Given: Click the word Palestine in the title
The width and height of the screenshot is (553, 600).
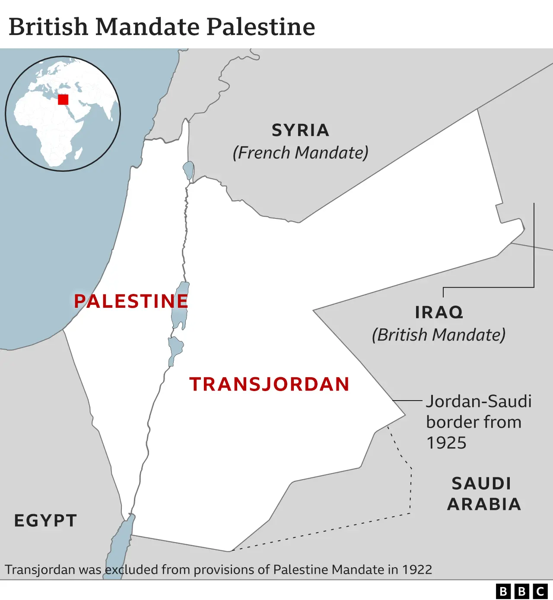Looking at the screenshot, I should (x=261, y=27).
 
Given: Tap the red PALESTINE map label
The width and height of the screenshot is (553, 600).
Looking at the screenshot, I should (x=131, y=301).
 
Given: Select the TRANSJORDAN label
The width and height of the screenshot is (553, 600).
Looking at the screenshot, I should (x=269, y=384).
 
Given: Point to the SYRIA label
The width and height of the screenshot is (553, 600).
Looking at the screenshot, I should (x=301, y=130).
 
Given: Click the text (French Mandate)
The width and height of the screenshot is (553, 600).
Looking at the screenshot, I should (x=301, y=153).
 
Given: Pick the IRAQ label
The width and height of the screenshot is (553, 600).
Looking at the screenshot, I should (x=439, y=313).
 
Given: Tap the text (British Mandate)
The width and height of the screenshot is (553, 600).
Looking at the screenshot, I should (x=439, y=335).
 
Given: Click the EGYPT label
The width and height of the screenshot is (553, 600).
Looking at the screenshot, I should (x=46, y=521).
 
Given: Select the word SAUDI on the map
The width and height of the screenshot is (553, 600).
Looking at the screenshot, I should (x=482, y=484).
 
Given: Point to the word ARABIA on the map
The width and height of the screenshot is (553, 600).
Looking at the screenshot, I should (x=484, y=504).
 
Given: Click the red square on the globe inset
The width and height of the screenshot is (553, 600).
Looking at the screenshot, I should (x=63, y=100).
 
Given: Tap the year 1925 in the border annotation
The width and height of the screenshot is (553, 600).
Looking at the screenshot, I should (x=446, y=443).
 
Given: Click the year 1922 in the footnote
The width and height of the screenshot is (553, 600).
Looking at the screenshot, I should (x=417, y=570).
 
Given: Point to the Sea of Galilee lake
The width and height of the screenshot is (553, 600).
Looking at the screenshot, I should (x=188, y=170).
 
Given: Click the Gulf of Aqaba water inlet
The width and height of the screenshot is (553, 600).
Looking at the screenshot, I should (x=121, y=544).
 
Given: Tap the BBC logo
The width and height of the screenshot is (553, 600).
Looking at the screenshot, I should (x=521, y=591).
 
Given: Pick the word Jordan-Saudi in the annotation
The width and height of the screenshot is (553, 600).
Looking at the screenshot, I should (x=479, y=401).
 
